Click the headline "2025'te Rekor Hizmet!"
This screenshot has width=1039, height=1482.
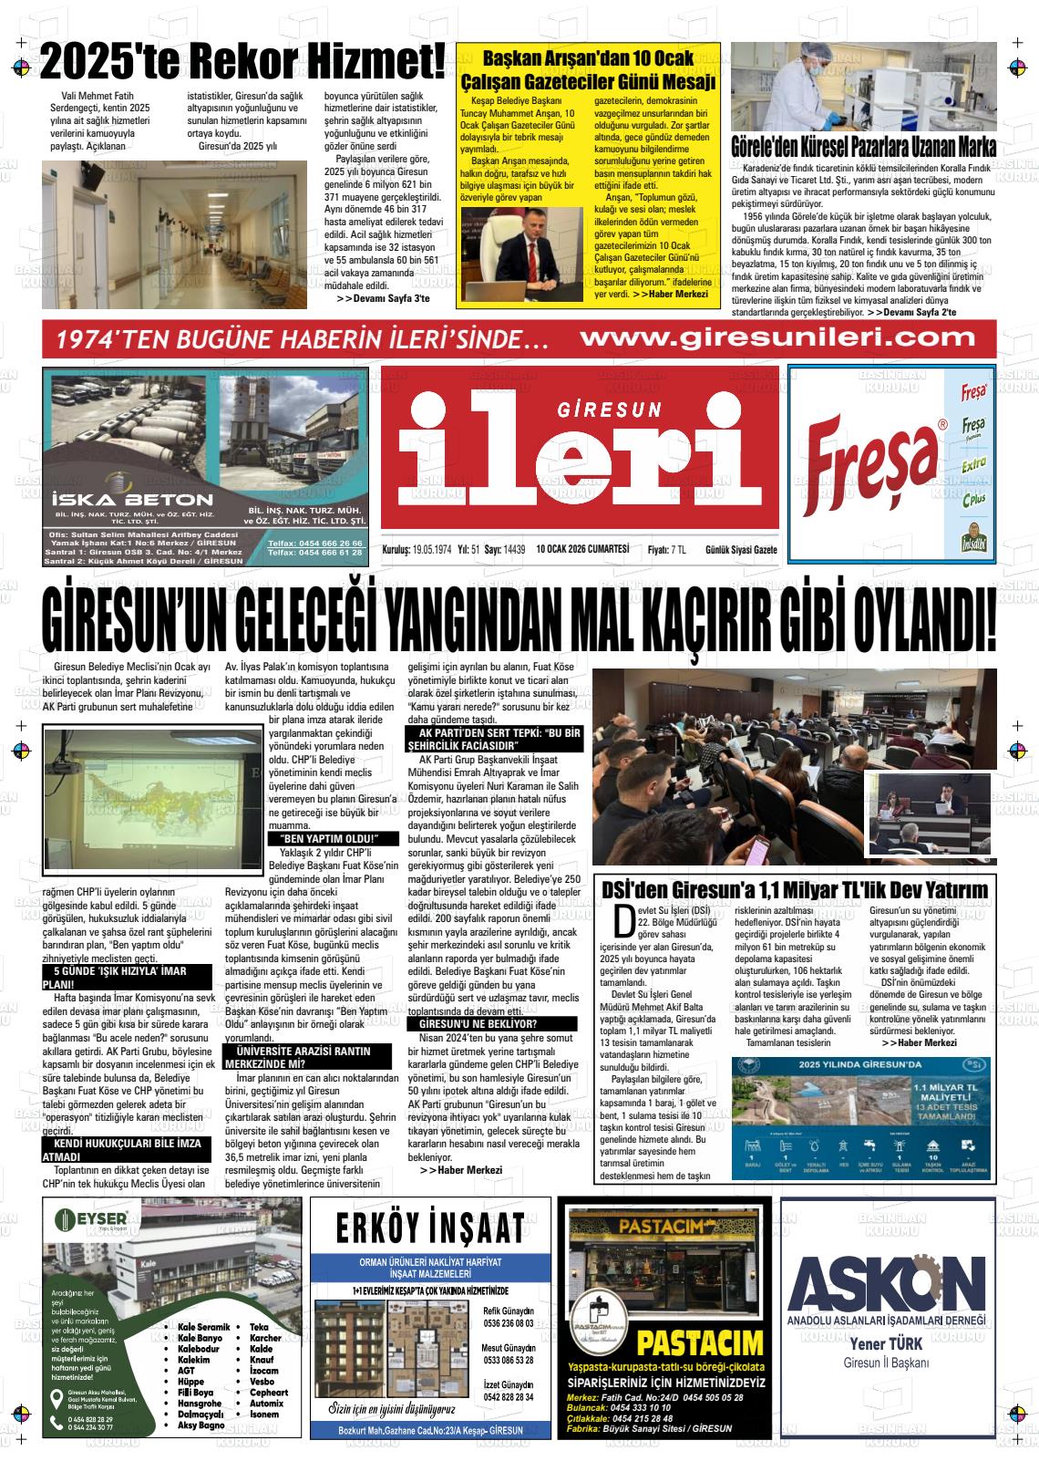click(x=242, y=62)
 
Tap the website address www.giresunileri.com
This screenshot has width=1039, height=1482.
click(x=777, y=338)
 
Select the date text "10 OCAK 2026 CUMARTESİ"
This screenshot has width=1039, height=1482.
click(x=583, y=549)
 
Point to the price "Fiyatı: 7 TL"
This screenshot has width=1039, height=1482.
click(x=666, y=549)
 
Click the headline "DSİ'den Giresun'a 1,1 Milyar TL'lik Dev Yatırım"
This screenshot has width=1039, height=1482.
click(x=794, y=890)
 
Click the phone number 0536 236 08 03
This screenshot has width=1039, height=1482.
click(x=509, y=1323)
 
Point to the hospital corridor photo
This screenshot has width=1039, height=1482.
click(x=175, y=233)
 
